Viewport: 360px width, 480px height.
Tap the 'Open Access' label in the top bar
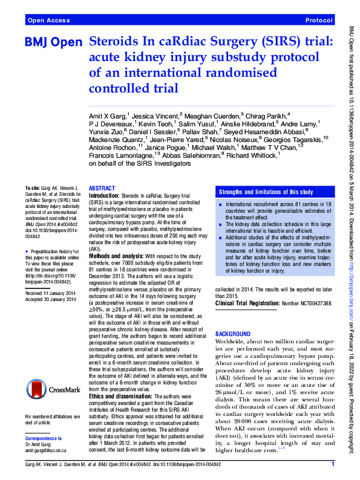[x=48, y=20]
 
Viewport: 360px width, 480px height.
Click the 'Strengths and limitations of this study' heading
[x=266, y=191]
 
